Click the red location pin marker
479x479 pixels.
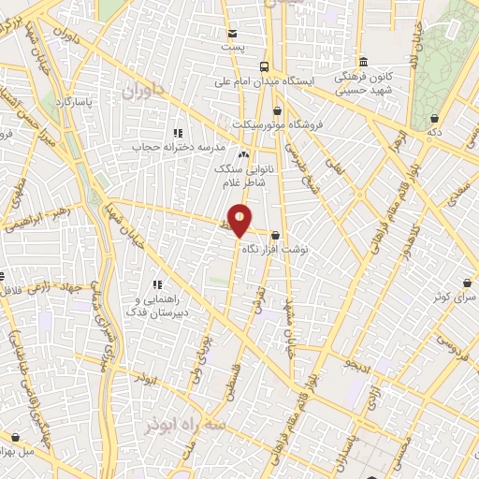pyautogui.click(x=240, y=221)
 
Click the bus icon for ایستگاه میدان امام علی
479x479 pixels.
pyautogui.click(x=264, y=66)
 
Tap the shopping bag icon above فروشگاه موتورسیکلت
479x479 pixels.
pyautogui.click(x=277, y=111)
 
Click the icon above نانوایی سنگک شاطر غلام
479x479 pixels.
pyautogui.click(x=243, y=154)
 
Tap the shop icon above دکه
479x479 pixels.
pyautogui.click(x=435, y=119)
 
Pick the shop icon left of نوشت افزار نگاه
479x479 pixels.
pyautogui.click(x=274, y=236)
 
